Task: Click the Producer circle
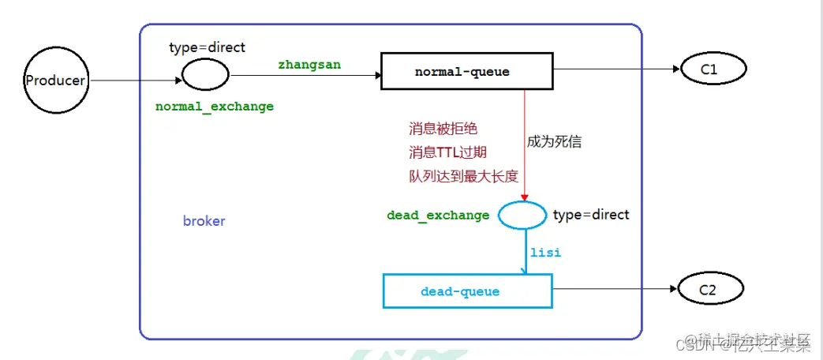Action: tap(54, 80)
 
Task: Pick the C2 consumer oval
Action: tap(707, 291)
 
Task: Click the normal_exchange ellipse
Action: tap(205, 75)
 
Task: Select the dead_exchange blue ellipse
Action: tap(522, 214)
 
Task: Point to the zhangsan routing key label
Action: tap(309, 65)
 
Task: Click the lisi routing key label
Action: tap(545, 253)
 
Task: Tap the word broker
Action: tap(204, 221)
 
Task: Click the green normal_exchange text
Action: tap(215, 107)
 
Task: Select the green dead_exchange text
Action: tap(438, 216)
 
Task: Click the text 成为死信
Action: tap(555, 142)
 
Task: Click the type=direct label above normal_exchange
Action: tap(207, 47)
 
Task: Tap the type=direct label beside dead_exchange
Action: tap(591, 215)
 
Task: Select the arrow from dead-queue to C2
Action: tap(615, 291)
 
